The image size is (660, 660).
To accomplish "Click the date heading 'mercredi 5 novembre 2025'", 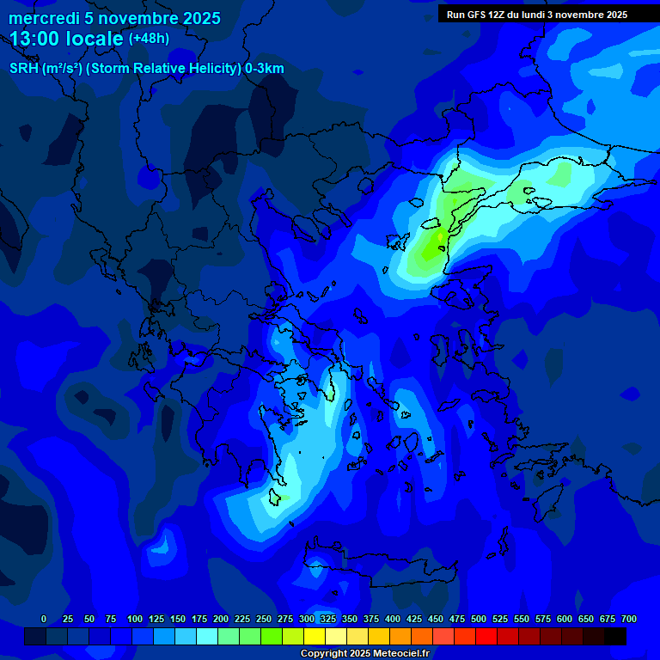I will pyautogui.click(x=114, y=18).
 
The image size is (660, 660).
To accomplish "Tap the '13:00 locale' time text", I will pyautogui.click(x=67, y=39).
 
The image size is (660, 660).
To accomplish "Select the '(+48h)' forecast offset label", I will pyautogui.click(x=149, y=39).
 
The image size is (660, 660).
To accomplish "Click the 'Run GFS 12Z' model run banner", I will pyautogui.click(x=537, y=15).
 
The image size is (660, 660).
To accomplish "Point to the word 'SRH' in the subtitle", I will pyautogui.click(x=24, y=69).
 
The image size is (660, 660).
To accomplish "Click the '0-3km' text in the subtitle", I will pyautogui.click(x=264, y=69).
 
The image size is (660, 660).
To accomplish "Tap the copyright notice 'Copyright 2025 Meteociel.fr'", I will pyautogui.click(x=364, y=653).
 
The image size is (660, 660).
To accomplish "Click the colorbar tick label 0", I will pyautogui.click(x=44, y=619).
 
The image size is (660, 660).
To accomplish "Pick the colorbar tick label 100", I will pyautogui.click(x=135, y=619).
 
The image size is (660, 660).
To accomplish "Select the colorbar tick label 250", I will pyautogui.click(x=264, y=619).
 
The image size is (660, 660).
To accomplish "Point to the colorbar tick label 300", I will pyautogui.click(x=307, y=619).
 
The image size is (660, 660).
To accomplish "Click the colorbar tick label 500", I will pyautogui.click(x=479, y=619).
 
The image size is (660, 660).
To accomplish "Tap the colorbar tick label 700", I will pyautogui.click(x=628, y=619).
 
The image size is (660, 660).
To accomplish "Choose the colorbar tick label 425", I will pyautogui.click(x=414, y=619).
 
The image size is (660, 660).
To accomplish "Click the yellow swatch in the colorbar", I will pyautogui.click(x=315, y=637).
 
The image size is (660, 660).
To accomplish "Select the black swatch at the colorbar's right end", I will pyautogui.click(x=615, y=637).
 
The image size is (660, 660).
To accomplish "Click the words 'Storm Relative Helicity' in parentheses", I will pyautogui.click(x=162, y=69).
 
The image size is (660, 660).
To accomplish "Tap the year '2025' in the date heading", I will pyautogui.click(x=201, y=18).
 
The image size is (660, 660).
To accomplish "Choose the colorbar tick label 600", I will pyautogui.click(x=565, y=619).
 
